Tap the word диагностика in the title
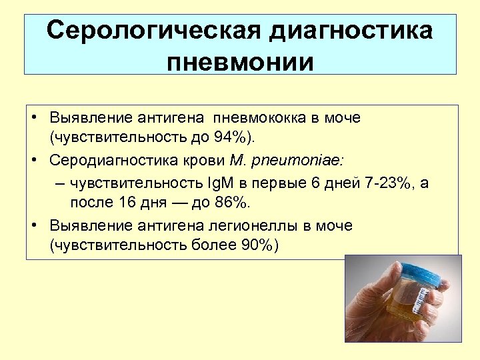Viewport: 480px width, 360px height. [x=351, y=31]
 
